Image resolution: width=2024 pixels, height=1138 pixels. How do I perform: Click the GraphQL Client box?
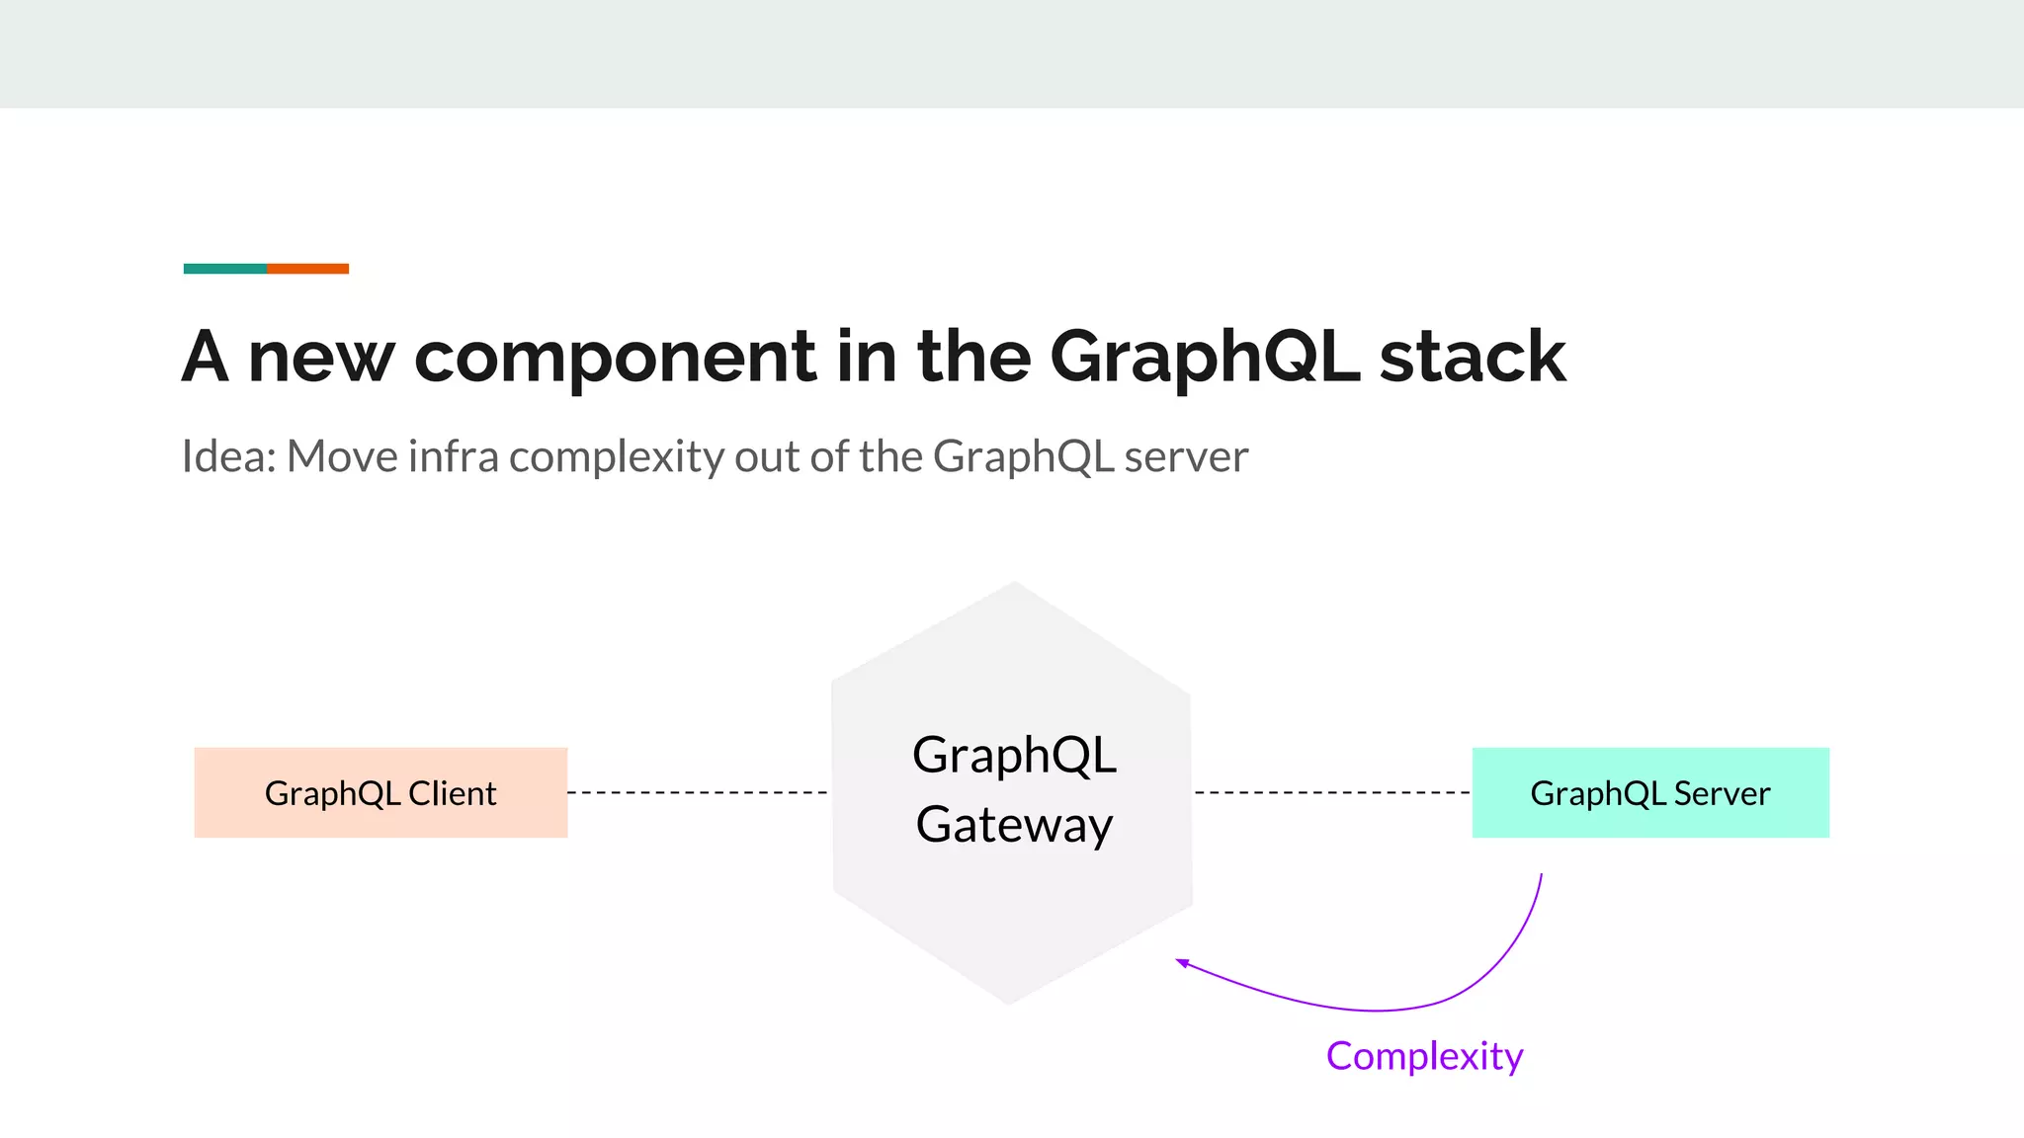point(380,792)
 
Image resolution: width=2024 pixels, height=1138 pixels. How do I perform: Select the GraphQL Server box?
point(1649,792)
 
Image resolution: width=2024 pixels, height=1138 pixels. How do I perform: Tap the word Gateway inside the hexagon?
point(1014,825)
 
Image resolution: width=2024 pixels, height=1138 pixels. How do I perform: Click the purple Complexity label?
point(1424,1056)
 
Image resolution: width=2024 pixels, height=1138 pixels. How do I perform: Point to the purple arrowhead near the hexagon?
point(1182,962)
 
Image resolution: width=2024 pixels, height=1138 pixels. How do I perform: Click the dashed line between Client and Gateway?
point(698,792)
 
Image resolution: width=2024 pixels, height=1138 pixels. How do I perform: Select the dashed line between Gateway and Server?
point(1331,792)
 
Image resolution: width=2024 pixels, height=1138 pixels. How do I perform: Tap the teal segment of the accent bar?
point(224,269)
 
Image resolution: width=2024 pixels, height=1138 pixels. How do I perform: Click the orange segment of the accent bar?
point(307,269)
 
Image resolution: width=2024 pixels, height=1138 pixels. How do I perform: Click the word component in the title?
point(615,358)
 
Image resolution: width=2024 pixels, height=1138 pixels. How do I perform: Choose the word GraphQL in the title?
point(1205,358)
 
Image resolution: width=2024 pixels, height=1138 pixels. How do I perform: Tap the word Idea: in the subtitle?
point(228,456)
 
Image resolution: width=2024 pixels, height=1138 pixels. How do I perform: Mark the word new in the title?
point(321,358)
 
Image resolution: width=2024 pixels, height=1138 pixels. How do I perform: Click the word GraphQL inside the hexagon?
point(1014,756)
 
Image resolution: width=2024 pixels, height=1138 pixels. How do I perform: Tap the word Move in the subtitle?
point(342,456)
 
